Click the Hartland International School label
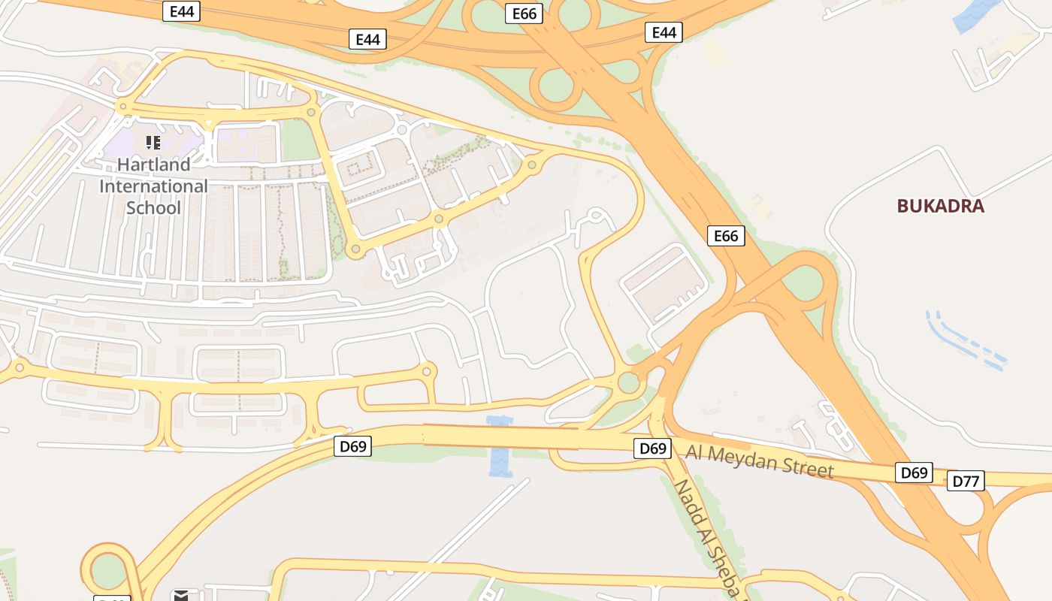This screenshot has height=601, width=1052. click(153, 186)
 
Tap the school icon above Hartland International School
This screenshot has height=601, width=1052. click(153, 142)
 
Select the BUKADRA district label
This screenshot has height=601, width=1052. click(940, 207)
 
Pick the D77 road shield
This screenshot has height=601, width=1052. click(965, 481)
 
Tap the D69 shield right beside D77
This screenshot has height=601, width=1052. click(914, 473)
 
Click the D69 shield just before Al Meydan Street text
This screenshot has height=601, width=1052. click(652, 448)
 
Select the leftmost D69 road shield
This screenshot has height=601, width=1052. click(352, 446)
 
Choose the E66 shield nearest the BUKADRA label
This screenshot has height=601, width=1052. click(726, 236)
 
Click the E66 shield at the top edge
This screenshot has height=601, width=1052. click(523, 13)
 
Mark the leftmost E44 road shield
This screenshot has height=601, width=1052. click(181, 11)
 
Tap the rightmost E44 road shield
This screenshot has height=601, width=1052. click(664, 32)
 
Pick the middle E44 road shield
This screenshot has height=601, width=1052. click(367, 39)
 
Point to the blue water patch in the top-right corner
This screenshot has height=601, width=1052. click(977, 15)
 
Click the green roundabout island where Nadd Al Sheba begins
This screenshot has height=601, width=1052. click(628, 383)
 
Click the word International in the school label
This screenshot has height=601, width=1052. click(153, 186)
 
